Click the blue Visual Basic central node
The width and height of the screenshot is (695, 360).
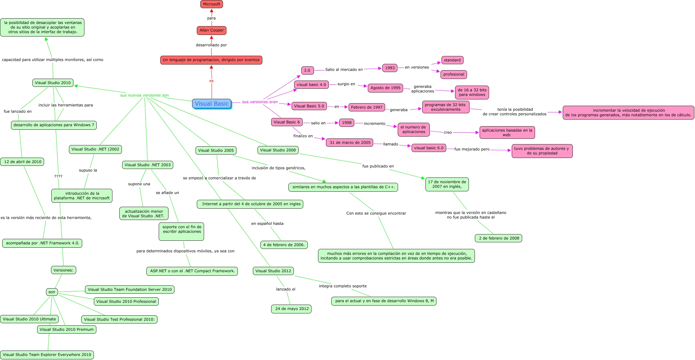(x=212, y=104)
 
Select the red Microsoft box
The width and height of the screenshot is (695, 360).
(x=212, y=4)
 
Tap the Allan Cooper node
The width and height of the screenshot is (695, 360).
(x=212, y=31)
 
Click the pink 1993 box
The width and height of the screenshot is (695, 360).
(x=390, y=68)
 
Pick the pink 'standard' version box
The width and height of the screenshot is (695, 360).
(x=452, y=60)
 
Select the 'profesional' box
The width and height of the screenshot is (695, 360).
(x=453, y=75)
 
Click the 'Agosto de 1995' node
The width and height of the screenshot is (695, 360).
(x=385, y=88)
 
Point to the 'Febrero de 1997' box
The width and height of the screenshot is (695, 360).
(x=367, y=107)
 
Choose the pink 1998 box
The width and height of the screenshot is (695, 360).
(x=346, y=123)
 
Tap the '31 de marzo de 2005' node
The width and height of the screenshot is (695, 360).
(x=350, y=143)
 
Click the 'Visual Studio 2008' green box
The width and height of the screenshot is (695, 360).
(x=278, y=150)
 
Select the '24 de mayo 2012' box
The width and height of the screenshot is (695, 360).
(x=292, y=309)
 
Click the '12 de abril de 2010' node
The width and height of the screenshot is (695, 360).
(x=22, y=162)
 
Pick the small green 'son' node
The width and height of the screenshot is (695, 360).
(x=52, y=292)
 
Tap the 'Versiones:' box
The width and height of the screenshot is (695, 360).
(x=63, y=270)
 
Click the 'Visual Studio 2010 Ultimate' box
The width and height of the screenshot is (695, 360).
(x=29, y=319)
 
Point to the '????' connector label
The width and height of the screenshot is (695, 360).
(x=58, y=177)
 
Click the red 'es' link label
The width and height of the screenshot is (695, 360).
(x=211, y=81)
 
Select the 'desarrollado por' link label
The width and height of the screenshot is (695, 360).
(x=211, y=45)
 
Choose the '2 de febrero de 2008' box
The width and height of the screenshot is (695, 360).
(x=499, y=238)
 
